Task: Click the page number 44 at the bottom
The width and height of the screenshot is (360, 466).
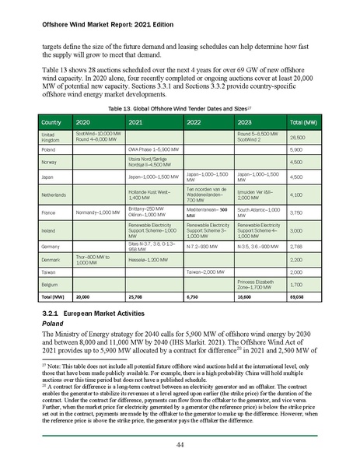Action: (x=179, y=443)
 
